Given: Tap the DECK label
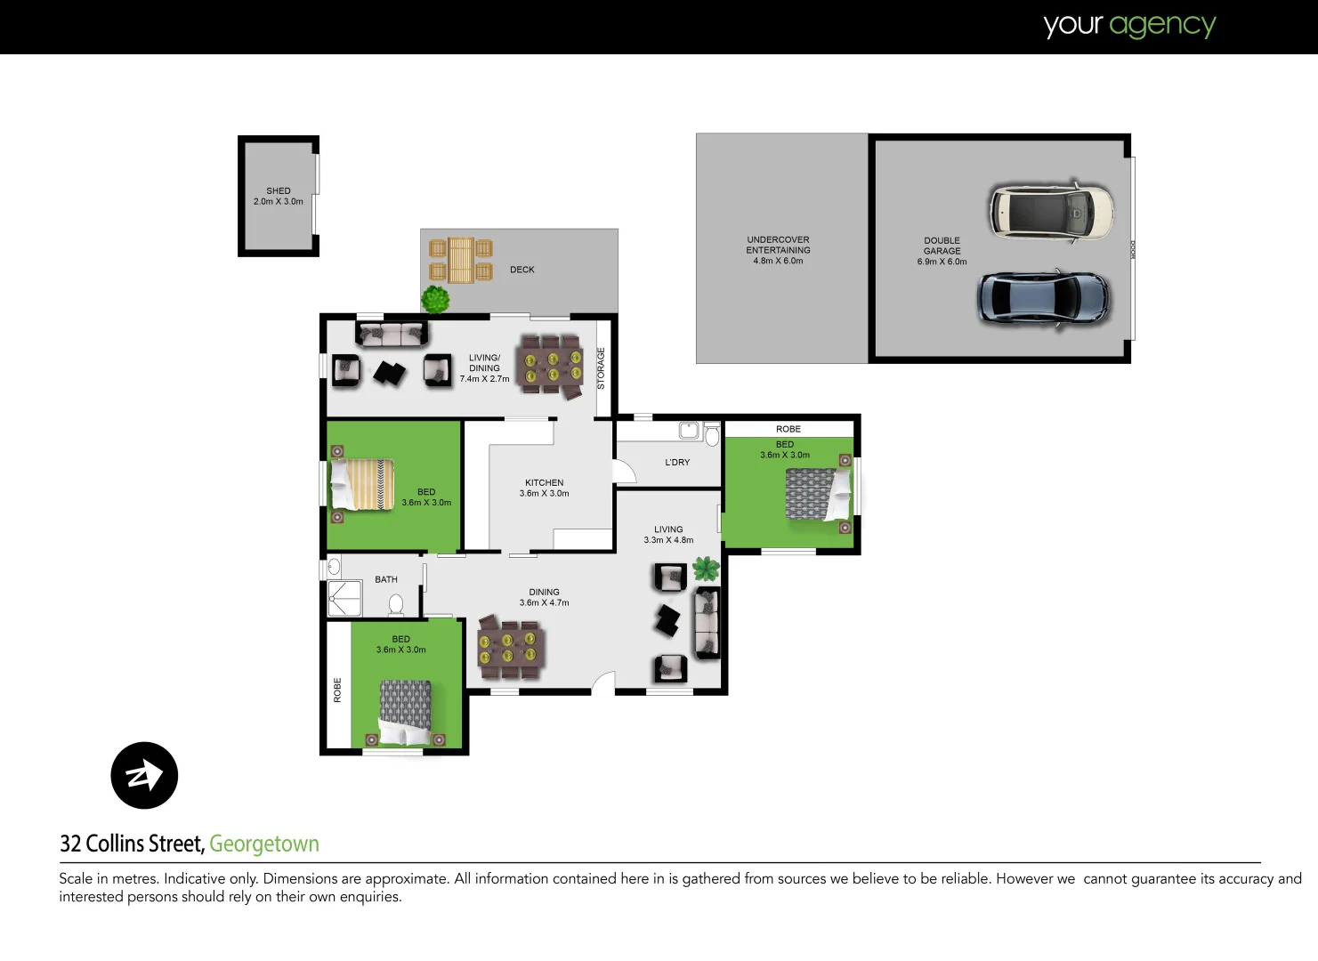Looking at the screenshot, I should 522,270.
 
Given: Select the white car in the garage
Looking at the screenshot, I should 1050,212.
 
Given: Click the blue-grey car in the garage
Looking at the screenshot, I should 1043,298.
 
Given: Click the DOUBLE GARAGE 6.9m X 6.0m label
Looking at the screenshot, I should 942,251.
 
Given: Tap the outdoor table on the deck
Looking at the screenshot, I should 460,260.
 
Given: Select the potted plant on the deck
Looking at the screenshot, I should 435,299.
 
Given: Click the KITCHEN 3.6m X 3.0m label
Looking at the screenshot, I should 544,488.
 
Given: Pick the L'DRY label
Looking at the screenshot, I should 677,463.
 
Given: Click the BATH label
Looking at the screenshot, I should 386,579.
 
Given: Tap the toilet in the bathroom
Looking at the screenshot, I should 396,605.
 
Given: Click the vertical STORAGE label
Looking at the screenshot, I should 601,368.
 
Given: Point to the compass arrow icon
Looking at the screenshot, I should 144,775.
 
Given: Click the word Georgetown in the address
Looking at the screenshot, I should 264,844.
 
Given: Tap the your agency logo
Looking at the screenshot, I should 1129,26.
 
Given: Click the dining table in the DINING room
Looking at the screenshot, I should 511,647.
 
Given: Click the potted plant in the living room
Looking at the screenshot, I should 706,568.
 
